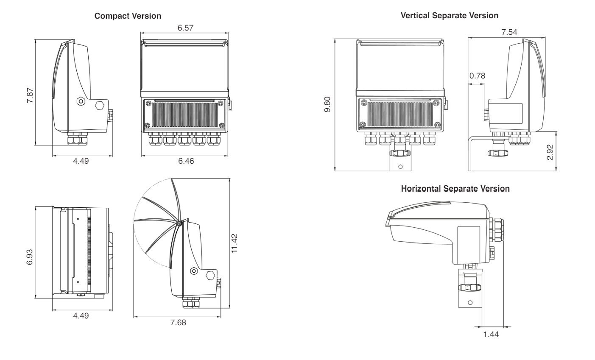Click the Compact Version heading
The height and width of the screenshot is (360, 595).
point(128,16)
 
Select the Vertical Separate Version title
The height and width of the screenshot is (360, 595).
point(450,15)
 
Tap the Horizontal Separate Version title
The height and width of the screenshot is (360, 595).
point(455,189)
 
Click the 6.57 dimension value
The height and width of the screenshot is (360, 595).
point(185,28)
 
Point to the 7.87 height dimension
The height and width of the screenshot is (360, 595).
point(30,95)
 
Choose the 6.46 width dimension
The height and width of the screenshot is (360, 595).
point(186,161)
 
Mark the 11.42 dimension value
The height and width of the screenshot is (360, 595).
point(234,243)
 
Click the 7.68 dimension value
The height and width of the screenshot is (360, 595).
point(178,322)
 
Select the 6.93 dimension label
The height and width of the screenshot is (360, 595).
point(30,257)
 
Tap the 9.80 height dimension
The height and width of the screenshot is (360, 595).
point(327,104)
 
